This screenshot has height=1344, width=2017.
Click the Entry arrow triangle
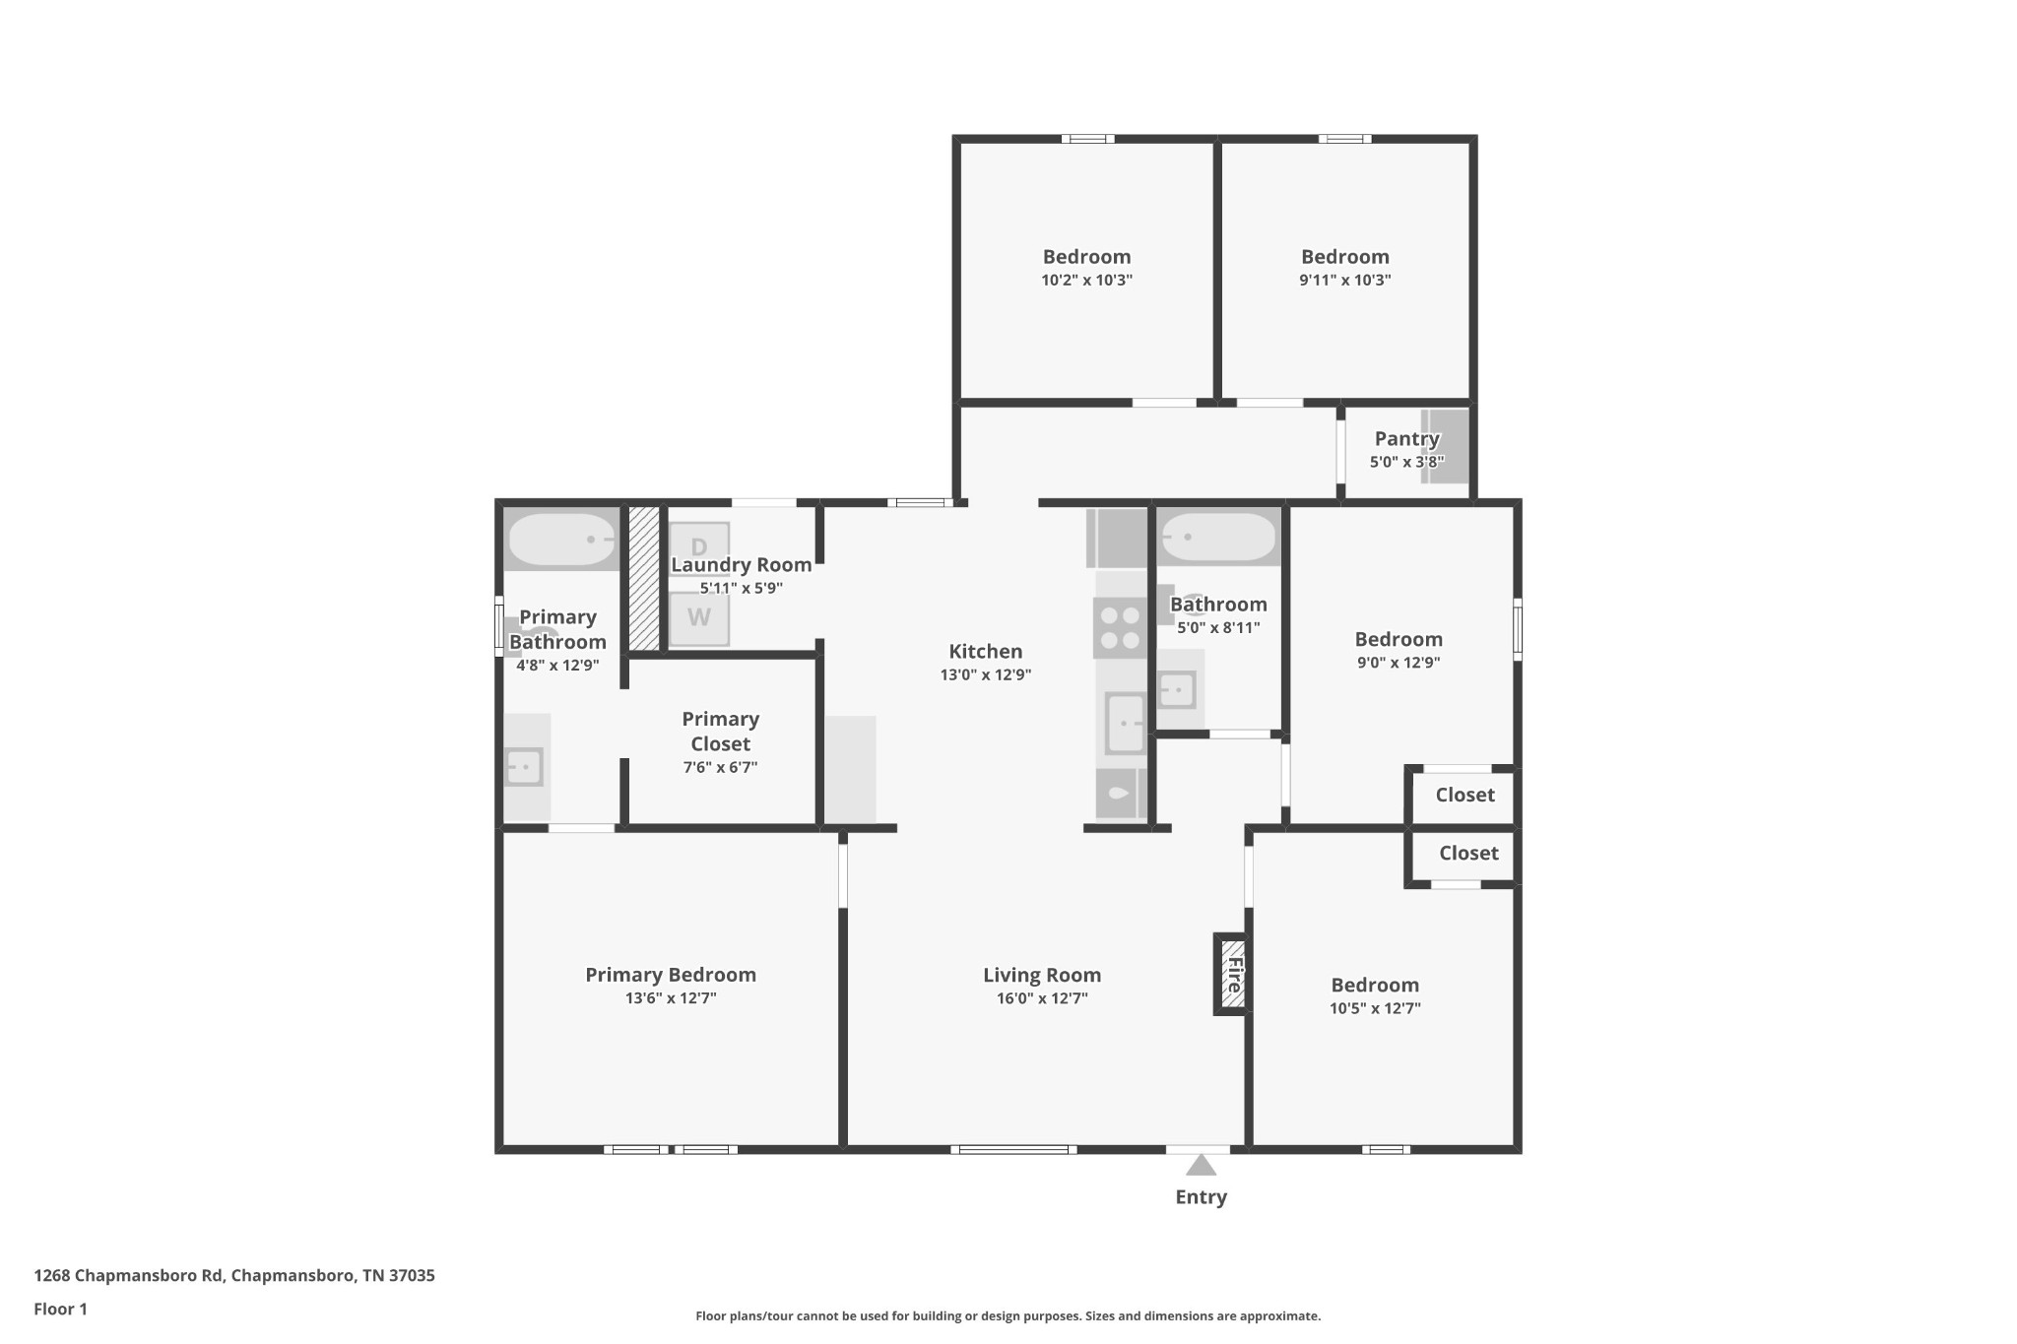point(1200,1166)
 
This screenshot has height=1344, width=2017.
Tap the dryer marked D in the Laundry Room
point(699,547)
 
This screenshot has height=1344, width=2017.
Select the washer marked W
point(699,618)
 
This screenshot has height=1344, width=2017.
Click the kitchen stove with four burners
point(1120,628)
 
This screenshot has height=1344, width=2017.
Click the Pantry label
point(1406,439)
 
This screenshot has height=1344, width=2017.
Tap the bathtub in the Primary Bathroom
point(561,540)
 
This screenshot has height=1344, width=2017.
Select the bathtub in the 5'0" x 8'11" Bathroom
point(1219,538)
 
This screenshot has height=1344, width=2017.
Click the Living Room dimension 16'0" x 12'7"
point(1041,998)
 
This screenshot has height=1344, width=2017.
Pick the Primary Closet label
point(720,732)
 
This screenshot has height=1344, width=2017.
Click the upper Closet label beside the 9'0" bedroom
point(1464,795)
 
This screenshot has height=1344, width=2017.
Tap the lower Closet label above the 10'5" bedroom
point(1468,853)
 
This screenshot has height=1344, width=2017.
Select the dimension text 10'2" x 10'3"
point(1086,280)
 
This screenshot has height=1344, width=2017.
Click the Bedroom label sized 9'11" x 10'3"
point(1344,257)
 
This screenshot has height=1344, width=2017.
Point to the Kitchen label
point(985,651)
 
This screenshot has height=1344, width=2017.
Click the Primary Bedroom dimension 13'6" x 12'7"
point(671,998)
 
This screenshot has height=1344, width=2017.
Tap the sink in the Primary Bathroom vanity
point(524,766)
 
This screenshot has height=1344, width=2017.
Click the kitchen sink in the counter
point(1125,724)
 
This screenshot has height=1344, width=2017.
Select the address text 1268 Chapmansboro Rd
point(129,1275)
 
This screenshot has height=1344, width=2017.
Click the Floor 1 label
point(61,1309)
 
